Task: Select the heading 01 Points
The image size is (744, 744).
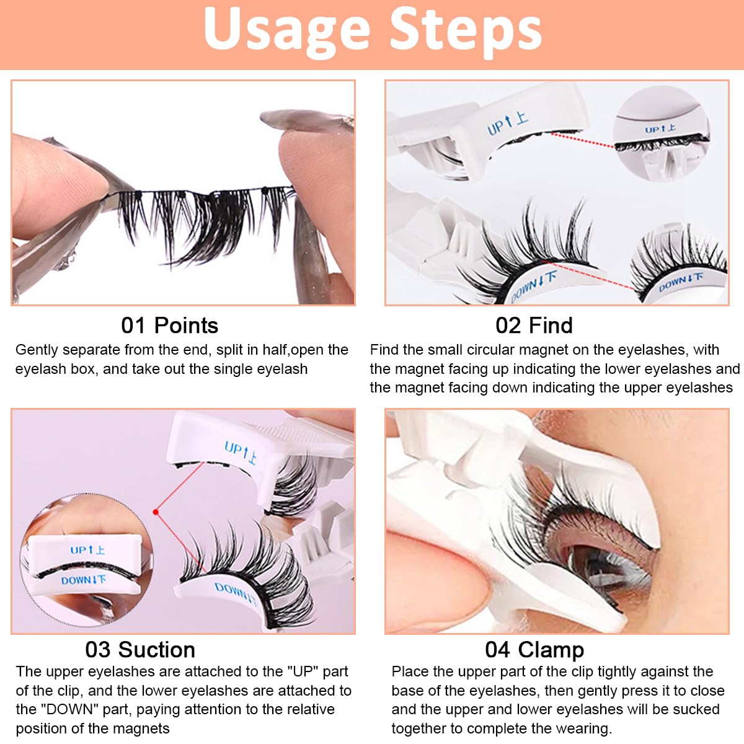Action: tap(169, 325)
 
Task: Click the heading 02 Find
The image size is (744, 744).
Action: tap(534, 325)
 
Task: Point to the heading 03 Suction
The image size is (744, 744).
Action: tap(140, 649)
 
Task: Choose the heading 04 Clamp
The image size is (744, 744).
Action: tap(534, 649)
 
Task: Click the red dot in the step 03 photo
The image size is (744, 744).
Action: tap(156, 512)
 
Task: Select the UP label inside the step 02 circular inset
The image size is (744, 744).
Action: tap(660, 129)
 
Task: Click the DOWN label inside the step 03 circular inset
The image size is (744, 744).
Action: tap(83, 580)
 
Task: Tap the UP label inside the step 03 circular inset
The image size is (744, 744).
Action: tap(87, 550)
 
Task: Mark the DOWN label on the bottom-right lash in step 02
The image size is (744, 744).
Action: tap(680, 282)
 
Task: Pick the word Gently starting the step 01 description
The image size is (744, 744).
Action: tap(36, 350)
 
